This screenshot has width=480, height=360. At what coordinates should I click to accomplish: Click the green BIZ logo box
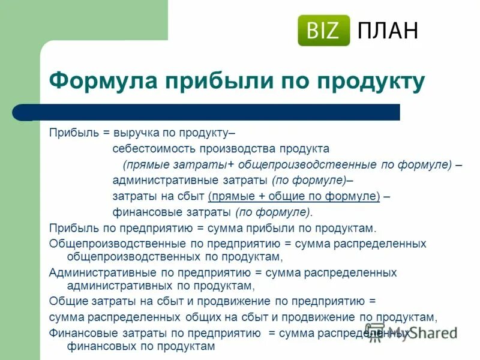pyautogui.click(x=323, y=30)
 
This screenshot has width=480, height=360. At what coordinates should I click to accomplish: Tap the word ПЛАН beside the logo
pyautogui.click(x=388, y=30)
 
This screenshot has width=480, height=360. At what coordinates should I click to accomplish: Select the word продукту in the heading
pyautogui.click(x=372, y=81)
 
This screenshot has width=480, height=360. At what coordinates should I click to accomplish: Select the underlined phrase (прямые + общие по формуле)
pyautogui.click(x=294, y=196)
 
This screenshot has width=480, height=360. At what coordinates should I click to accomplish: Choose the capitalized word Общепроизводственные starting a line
pyautogui.click(x=109, y=244)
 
